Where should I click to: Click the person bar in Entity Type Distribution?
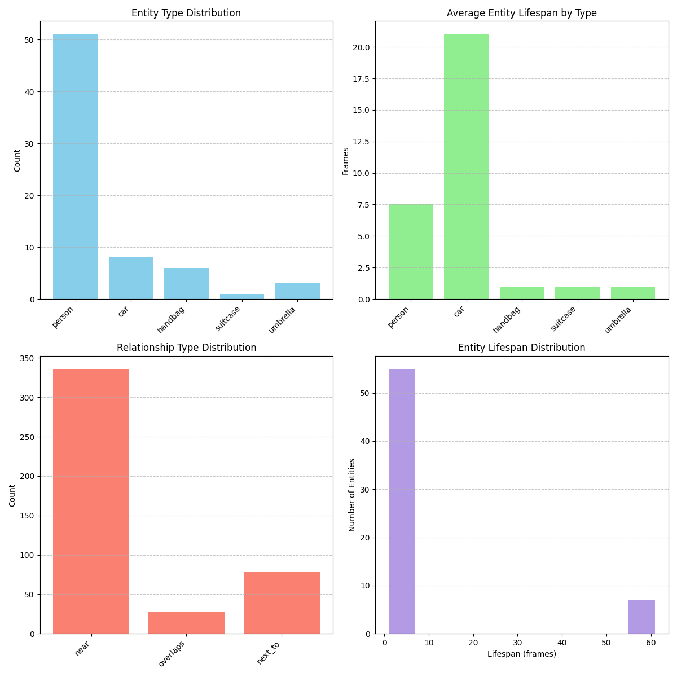click(75, 166)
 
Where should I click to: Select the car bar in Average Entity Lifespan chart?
click(466, 166)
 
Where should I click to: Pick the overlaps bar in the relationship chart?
click(186, 622)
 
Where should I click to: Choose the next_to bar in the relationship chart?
click(282, 603)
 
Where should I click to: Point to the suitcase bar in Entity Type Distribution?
click(242, 296)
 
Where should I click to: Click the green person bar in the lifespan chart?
click(411, 252)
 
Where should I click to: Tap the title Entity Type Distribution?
click(186, 13)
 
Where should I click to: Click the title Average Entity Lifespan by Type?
click(521, 13)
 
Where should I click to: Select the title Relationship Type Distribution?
click(186, 348)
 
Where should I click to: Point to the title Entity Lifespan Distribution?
click(521, 348)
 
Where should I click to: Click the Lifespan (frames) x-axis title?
click(521, 654)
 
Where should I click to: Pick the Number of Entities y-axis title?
click(352, 495)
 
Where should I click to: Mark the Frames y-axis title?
click(345, 161)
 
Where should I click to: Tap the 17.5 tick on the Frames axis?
click(362, 79)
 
